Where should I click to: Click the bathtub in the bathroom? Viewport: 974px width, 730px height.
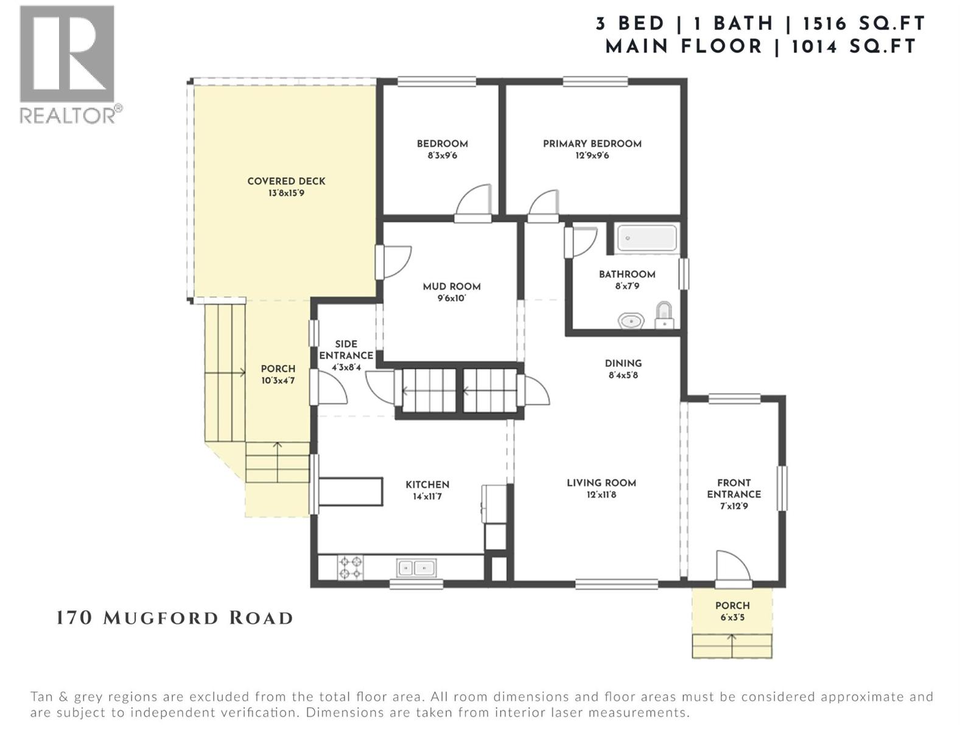[646, 238]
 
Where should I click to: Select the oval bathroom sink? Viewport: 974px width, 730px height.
[631, 320]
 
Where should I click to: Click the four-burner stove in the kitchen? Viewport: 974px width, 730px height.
[350, 567]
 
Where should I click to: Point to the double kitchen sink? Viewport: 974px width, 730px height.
[416, 568]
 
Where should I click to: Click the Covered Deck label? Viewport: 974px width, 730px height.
[286, 181]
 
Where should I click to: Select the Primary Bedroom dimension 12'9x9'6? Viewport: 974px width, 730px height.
[592, 156]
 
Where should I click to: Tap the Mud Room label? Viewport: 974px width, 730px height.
[452, 287]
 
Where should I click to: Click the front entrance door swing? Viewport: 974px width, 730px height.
[732, 567]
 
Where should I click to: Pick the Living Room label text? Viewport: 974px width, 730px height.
[601, 483]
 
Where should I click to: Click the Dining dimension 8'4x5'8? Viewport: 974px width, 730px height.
[623, 375]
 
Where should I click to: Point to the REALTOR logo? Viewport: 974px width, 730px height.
[68, 64]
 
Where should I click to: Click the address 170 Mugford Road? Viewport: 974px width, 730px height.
[175, 618]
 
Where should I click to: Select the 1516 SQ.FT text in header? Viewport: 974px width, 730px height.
[864, 24]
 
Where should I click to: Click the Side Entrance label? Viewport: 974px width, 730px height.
[346, 350]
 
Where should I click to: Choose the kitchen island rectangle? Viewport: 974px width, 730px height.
[350, 492]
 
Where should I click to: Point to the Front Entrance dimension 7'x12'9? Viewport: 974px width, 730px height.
[734, 506]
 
